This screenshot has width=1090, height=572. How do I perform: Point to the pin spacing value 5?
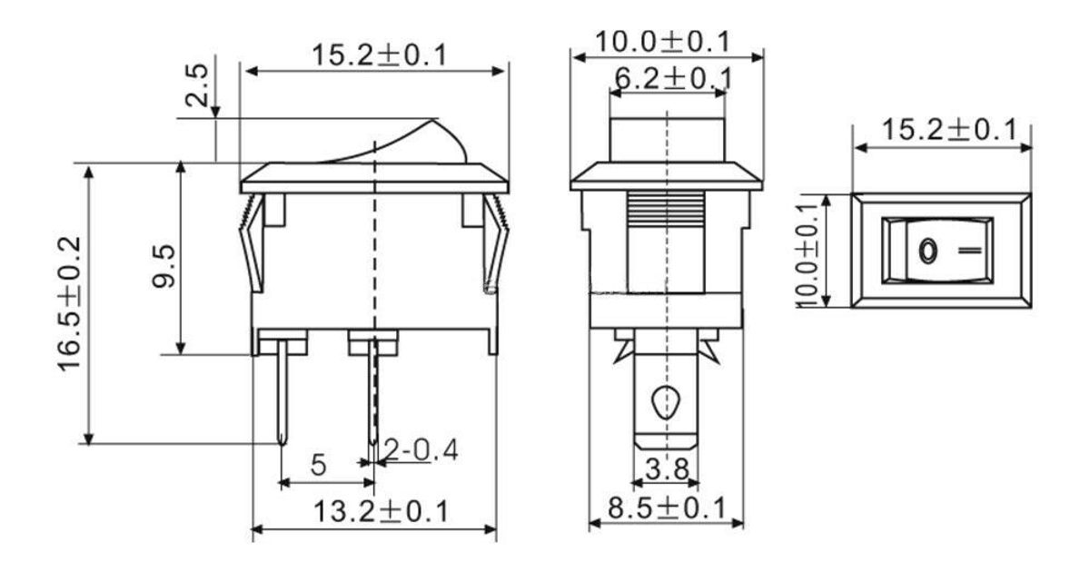(318, 466)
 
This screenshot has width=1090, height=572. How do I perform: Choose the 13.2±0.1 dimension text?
(381, 512)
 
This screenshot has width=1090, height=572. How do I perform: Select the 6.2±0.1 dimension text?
(673, 79)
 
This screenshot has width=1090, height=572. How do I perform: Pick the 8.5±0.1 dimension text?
(668, 508)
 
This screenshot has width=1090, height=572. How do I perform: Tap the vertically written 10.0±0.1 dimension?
(811, 251)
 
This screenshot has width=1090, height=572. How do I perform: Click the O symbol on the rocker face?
(927, 250)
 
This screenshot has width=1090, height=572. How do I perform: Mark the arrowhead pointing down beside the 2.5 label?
(216, 111)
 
